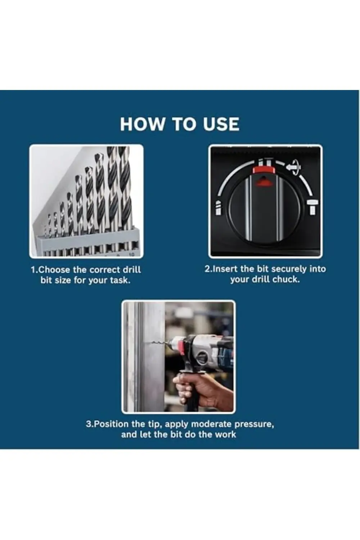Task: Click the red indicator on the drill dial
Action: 263,170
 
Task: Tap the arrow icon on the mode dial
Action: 293,166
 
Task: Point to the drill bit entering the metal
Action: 162,342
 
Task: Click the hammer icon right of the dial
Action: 312,207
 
